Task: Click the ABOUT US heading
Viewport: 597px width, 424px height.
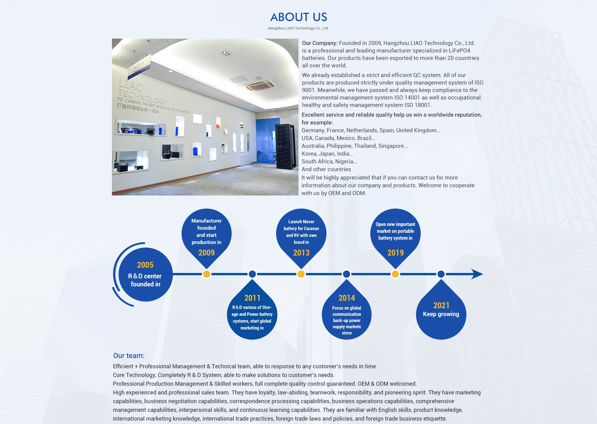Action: (298, 17)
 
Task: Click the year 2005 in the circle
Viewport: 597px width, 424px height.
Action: (145, 265)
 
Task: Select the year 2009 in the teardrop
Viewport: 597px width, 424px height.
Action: (206, 253)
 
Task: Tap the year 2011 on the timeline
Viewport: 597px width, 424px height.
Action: (252, 298)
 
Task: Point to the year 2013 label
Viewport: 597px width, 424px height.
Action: (301, 253)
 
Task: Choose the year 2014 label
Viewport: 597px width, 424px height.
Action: (347, 298)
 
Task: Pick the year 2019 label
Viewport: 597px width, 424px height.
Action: (396, 253)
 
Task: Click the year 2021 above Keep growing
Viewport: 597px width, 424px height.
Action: (441, 305)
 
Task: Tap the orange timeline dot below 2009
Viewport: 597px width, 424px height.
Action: (206, 274)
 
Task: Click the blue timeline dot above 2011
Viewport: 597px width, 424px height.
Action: (252, 274)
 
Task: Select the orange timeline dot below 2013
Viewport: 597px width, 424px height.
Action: (301, 274)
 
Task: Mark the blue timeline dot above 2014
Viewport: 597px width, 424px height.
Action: (346, 274)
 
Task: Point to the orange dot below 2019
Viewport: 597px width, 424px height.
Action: (395, 274)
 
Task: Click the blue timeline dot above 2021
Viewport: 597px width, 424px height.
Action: (441, 274)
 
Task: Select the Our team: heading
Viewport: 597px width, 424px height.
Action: (129, 356)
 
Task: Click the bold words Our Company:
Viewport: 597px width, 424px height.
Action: (320, 43)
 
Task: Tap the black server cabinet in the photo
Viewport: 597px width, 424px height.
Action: (285, 146)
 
